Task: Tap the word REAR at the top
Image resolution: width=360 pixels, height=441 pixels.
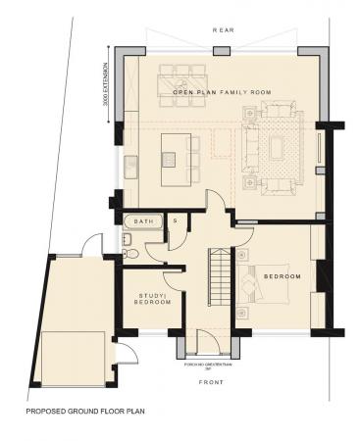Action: [223, 31]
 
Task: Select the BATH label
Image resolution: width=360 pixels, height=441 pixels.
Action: [143, 222]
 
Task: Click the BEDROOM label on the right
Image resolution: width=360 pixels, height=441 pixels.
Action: [283, 277]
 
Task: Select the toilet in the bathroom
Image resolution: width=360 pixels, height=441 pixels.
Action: [129, 252]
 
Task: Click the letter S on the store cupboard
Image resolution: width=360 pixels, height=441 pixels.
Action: [175, 221]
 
